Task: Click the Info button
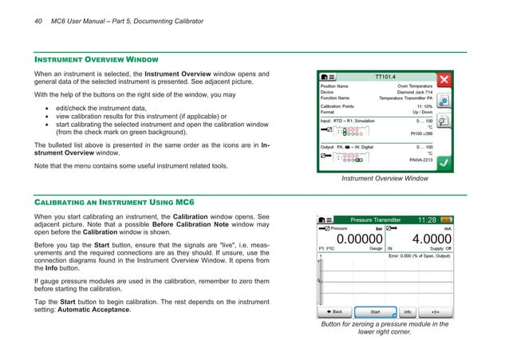point(407,311)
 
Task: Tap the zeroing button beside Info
point(437,311)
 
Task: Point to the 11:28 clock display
point(427,219)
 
